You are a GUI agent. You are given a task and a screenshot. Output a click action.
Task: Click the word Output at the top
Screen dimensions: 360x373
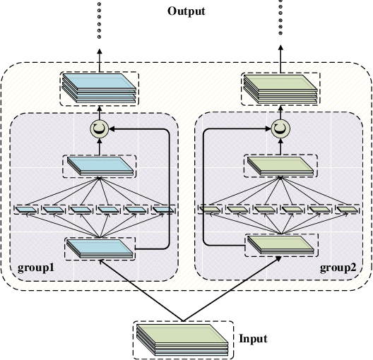coord(186,11)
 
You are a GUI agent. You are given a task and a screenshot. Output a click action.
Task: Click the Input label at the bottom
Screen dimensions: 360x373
coord(253,338)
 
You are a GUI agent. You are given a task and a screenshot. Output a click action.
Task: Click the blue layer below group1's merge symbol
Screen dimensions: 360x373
coord(100,167)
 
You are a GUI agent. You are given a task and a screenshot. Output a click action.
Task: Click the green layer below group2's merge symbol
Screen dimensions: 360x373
coord(280,167)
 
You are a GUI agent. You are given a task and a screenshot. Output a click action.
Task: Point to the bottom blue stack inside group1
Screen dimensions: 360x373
coord(100,248)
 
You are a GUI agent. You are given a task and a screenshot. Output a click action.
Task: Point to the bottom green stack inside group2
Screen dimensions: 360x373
coord(280,246)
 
